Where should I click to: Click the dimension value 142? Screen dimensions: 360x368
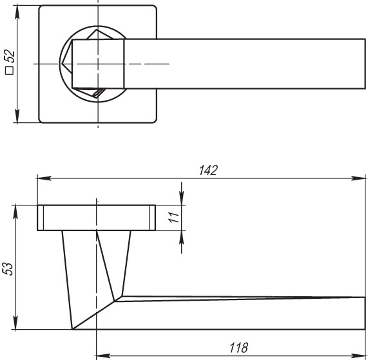coord(208,170)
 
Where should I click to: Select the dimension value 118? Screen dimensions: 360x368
coord(239,348)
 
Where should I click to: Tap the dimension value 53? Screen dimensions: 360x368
coord(8,268)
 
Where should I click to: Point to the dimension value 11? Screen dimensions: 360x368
coord(173,218)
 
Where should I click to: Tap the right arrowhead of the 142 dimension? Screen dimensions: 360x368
coord(362,178)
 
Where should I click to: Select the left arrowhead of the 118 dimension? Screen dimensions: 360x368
coord(101,354)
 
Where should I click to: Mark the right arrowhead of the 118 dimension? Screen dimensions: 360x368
coord(362,354)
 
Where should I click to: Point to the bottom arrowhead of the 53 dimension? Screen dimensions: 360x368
coord(16,324)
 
